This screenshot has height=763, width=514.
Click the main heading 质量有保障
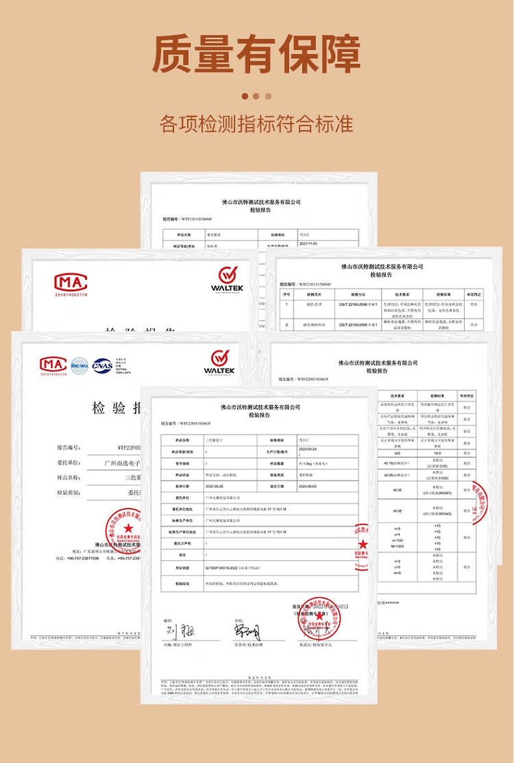pyautogui.click(x=256, y=53)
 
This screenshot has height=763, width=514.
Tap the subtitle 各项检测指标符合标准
pyautogui.click(x=256, y=124)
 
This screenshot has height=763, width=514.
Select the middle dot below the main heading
pyautogui.click(x=256, y=97)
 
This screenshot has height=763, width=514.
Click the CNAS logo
pyautogui.click(x=103, y=365)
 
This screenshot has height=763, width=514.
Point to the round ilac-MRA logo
pyautogui.click(x=79, y=365)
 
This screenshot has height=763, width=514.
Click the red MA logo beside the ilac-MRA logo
pyautogui.click(x=53, y=365)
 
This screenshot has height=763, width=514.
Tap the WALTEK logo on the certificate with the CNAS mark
pyautogui.click(x=219, y=362)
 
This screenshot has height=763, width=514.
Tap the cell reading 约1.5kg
pyautogui.click(x=313, y=463)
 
